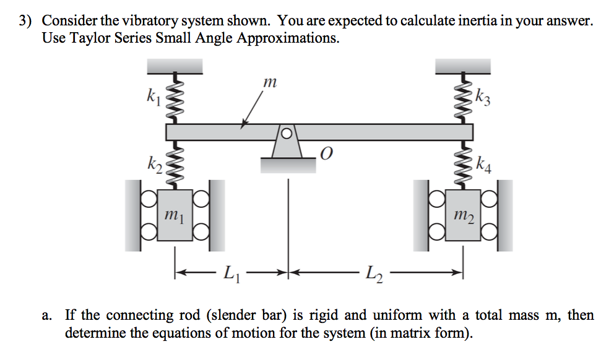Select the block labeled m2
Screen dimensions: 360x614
click(x=464, y=216)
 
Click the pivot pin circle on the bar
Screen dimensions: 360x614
click(x=286, y=132)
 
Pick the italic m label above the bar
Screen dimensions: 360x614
click(x=268, y=81)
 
